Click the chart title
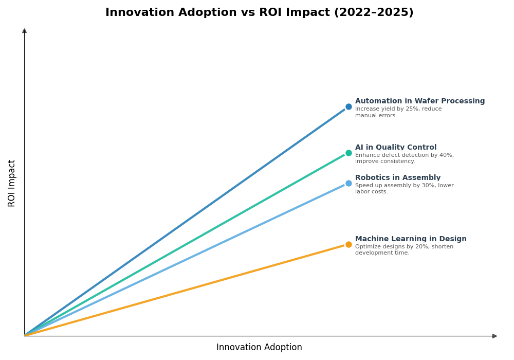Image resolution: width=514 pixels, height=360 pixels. coord(259,13)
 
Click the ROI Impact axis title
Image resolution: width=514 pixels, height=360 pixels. coord(12,183)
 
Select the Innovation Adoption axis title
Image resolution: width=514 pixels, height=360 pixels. coord(259,348)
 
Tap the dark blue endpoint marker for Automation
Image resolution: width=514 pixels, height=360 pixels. coord(348,107)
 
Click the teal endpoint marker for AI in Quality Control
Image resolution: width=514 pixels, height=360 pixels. coord(348,153)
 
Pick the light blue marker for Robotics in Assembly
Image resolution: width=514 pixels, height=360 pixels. coord(348,184)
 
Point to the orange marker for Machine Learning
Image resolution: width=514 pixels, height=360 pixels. coord(348,245)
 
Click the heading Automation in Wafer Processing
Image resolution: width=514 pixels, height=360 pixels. coord(419,101)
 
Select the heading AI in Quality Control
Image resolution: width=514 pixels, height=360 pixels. coord(395,148)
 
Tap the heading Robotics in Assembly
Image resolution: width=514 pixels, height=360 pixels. coord(397,178)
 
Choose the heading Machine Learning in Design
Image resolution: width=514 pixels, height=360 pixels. coord(410,239)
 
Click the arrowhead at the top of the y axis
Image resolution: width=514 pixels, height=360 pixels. coord(24,31)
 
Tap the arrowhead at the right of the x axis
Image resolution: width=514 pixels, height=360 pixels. coord(494,336)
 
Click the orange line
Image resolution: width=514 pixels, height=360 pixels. coord(185,290)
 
